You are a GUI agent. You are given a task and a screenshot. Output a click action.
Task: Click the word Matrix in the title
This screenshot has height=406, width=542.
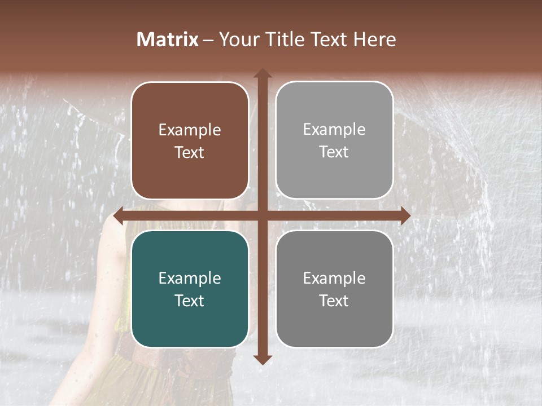click(x=168, y=39)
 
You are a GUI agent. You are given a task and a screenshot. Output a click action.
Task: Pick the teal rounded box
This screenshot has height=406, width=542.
click(x=190, y=321)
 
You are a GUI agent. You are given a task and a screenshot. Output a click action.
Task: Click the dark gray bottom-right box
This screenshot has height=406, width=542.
click(x=334, y=321)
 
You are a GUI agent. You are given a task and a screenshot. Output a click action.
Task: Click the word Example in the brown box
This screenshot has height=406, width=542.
click(x=190, y=130)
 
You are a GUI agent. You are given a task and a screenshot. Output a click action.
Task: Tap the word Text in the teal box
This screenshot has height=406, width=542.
click(x=190, y=301)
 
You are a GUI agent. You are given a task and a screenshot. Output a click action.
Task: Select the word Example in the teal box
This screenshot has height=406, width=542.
click(x=190, y=279)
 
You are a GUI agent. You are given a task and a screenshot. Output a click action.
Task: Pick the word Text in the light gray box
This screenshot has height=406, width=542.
click(x=334, y=152)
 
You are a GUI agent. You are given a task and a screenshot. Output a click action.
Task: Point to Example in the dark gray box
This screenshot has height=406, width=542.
click(x=334, y=279)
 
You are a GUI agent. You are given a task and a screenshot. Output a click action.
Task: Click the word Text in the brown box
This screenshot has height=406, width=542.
click(x=190, y=152)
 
